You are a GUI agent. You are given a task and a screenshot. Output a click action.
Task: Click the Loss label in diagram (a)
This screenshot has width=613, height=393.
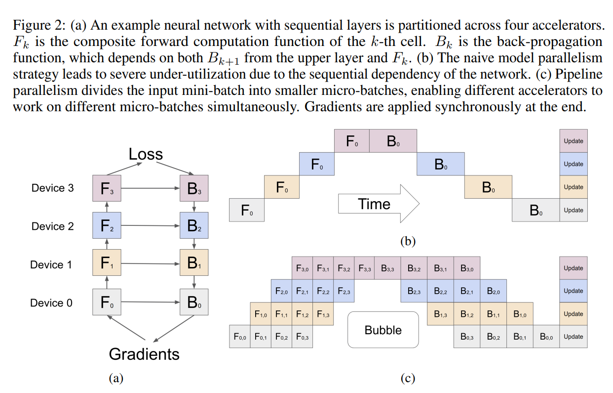coord(146,154)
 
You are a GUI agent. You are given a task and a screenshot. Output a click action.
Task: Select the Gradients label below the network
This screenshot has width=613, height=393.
coord(144,354)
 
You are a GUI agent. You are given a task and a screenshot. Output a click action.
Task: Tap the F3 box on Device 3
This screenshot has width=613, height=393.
coord(107,188)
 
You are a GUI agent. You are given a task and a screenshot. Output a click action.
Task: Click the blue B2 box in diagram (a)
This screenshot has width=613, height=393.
coord(194,225)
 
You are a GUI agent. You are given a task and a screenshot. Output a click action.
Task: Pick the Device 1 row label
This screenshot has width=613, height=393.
coord(51,265)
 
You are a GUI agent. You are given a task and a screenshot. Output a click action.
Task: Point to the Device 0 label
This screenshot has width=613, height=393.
coord(51,303)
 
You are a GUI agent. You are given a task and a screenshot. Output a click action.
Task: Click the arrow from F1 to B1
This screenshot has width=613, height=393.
coord(150,263)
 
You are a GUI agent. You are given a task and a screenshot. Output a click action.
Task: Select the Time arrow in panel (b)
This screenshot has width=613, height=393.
coord(379,203)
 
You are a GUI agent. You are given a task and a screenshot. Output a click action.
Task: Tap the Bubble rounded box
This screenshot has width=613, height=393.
coord(383,330)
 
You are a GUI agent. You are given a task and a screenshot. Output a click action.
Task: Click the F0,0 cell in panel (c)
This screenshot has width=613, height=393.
coord(240,336)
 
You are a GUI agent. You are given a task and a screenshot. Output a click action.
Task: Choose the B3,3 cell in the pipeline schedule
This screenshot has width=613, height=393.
coord(387,268)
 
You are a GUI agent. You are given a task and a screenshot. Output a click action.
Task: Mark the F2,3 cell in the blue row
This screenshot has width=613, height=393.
coord(344,291)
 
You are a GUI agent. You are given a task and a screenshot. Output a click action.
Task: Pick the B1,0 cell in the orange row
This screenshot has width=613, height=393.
coord(520,314)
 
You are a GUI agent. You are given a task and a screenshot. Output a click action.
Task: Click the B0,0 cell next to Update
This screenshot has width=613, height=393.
coord(546,336)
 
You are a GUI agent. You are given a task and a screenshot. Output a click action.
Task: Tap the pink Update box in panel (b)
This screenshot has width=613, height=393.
coord(574,141)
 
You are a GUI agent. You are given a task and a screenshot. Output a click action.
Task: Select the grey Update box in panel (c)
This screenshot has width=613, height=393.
coord(574,336)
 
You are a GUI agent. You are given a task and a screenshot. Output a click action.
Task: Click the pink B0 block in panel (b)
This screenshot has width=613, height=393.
coord(393,141)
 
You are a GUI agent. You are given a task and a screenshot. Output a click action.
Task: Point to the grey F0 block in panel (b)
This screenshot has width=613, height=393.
coord(247,210)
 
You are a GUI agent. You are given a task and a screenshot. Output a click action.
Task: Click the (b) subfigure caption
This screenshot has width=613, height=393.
coord(408,241)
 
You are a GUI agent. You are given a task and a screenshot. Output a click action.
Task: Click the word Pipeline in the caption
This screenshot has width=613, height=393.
coord(578,74)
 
